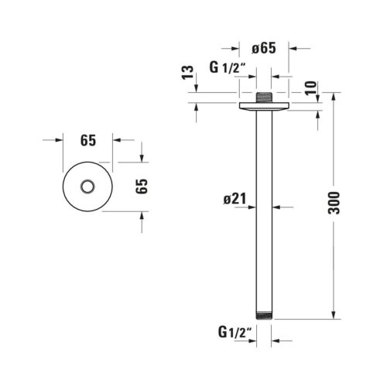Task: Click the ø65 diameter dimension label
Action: (x=264, y=48)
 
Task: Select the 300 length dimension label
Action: (x=334, y=203)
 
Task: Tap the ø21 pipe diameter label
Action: (x=235, y=199)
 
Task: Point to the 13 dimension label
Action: (x=187, y=73)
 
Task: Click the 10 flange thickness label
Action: (x=310, y=88)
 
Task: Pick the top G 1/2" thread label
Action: (x=227, y=68)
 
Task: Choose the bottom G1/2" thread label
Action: (x=235, y=332)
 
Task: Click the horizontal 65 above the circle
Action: (x=88, y=141)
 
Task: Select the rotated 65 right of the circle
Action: (x=142, y=186)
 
